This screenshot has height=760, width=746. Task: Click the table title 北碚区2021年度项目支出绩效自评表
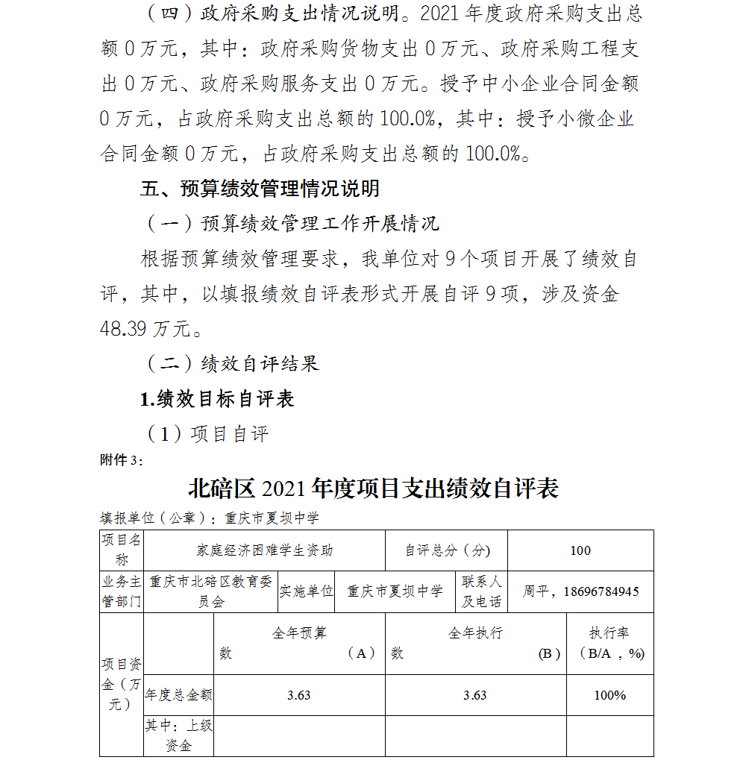[373, 489]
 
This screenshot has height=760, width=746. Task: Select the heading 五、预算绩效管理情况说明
[260, 189]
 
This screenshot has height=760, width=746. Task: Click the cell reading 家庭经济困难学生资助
[265, 550]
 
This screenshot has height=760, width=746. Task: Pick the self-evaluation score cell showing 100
[580, 550]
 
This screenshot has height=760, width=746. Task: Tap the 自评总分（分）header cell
[447, 550]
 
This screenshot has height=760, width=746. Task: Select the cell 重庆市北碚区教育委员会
[210, 591]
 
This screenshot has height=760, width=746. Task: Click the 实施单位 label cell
[306, 591]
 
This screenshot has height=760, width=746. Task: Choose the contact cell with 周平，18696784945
[580, 591]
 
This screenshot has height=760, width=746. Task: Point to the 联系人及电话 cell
[481, 591]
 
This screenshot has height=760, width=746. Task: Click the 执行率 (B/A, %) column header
[609, 643]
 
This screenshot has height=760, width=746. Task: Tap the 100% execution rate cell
[609, 695]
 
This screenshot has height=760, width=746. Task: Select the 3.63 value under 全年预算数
[299, 695]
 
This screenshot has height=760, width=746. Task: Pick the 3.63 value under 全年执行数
[475, 695]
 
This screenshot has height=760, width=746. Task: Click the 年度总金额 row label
[179, 695]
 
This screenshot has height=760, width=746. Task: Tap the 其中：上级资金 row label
[179, 735]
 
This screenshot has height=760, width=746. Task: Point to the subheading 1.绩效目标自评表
[217, 399]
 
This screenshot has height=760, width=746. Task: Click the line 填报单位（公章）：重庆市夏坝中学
[210, 518]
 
